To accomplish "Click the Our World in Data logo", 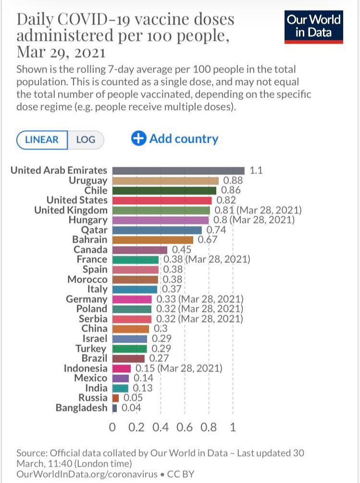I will coord(314,27).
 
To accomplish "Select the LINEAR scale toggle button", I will coord(42,140).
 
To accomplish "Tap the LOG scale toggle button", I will coord(86,140).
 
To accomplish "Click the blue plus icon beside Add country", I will coord(138,139).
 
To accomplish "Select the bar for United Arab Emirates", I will coord(178,171).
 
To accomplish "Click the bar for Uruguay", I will coord(165,181).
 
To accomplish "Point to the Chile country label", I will coord(96,190).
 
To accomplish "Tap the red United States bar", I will coord(162,200).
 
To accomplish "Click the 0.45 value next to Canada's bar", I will coord(182,250).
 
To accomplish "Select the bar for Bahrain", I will coord(153,240).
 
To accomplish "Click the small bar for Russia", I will coord(115,398).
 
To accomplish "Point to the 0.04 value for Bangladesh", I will coord(130,408).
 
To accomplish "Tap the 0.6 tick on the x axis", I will coord(185,427).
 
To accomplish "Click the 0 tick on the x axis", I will coord(112,427).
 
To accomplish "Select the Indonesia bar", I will coord(122,369).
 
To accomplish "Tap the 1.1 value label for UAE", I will coord(256,171).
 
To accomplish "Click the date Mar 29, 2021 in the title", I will coord(61,51).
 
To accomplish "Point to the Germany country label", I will coord(87,299).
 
